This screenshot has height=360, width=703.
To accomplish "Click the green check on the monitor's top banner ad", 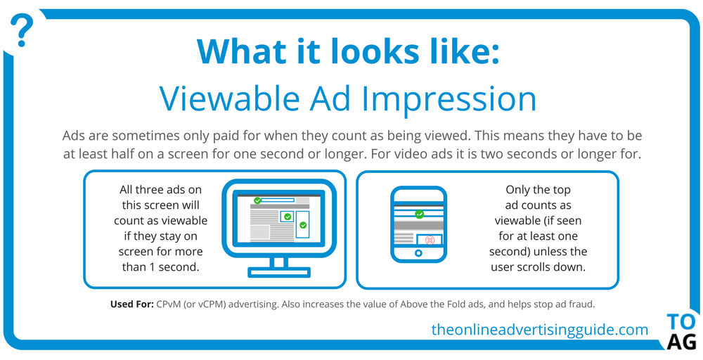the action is click(x=257, y=200).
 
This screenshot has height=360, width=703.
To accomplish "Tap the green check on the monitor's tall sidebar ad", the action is click(x=303, y=224).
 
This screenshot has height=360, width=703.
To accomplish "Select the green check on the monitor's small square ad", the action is click(x=288, y=217).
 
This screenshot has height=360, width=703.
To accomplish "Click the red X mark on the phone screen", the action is click(x=430, y=240).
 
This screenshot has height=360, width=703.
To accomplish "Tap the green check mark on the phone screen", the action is click(x=419, y=214).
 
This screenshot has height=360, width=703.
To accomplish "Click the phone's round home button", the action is click(x=418, y=253).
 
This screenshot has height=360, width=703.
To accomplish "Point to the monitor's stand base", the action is click(x=279, y=272).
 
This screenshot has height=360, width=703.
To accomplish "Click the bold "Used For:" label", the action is click(x=132, y=304).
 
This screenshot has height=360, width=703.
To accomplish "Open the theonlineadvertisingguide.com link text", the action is click(x=540, y=330).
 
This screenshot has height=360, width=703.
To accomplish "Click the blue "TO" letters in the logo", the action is click(x=681, y=321).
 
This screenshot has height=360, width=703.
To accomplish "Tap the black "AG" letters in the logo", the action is click(x=681, y=342).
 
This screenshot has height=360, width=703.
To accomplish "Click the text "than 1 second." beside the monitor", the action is click(x=160, y=267).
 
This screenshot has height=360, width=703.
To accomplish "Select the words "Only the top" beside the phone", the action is click(x=538, y=190).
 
